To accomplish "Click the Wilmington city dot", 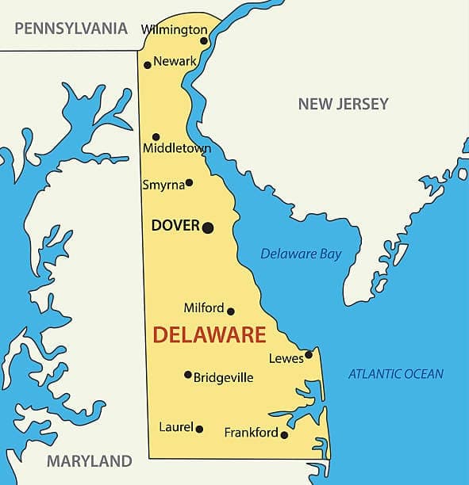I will (x=204, y=41).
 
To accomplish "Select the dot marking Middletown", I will (x=156, y=137).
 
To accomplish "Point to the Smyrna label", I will (x=163, y=185).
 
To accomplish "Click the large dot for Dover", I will (x=208, y=227).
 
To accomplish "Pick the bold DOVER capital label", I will (x=175, y=226).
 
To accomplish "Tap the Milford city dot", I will (x=231, y=311).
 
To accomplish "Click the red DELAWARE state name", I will (x=209, y=334).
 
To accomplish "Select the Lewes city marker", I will (x=309, y=354).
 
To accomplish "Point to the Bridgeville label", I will (x=224, y=378).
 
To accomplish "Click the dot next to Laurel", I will (x=199, y=430).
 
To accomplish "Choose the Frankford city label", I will (x=251, y=433).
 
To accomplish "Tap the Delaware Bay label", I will (x=301, y=254).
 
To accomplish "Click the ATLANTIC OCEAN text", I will (x=396, y=374).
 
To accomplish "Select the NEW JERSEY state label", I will (x=343, y=104).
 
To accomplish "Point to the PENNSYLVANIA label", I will (x=71, y=29).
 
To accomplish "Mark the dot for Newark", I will (x=148, y=65).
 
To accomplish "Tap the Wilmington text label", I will (x=174, y=29).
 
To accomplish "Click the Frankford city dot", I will (x=284, y=434).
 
